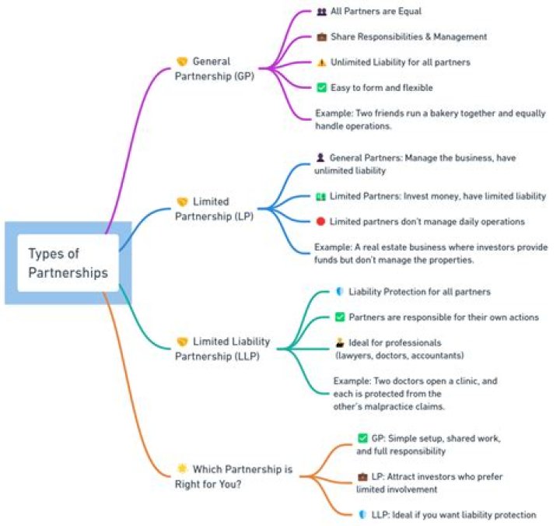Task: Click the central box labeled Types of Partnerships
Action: (68, 263)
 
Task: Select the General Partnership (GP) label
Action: (222, 68)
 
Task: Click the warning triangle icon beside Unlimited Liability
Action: (321, 62)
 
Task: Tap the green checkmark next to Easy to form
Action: (321, 88)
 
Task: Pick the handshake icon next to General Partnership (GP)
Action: (182, 61)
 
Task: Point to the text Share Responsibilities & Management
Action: (408, 37)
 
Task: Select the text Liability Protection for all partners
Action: (419, 292)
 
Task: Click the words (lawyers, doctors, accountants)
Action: (400, 356)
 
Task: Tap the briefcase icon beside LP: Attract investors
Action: (362, 475)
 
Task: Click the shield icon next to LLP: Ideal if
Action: (362, 514)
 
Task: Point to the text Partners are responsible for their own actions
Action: (443, 317)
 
